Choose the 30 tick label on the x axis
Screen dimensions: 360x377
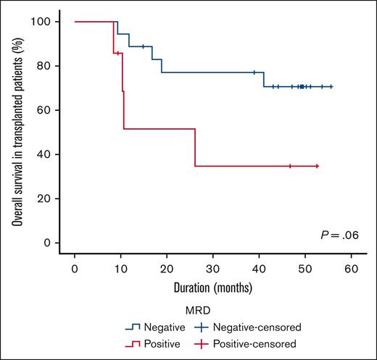[212, 268]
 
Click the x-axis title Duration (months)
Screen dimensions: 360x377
[212, 288]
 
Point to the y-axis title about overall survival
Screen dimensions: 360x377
[16, 133]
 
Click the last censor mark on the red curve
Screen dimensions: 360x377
[317, 166]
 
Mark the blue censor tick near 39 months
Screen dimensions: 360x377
[254, 72]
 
